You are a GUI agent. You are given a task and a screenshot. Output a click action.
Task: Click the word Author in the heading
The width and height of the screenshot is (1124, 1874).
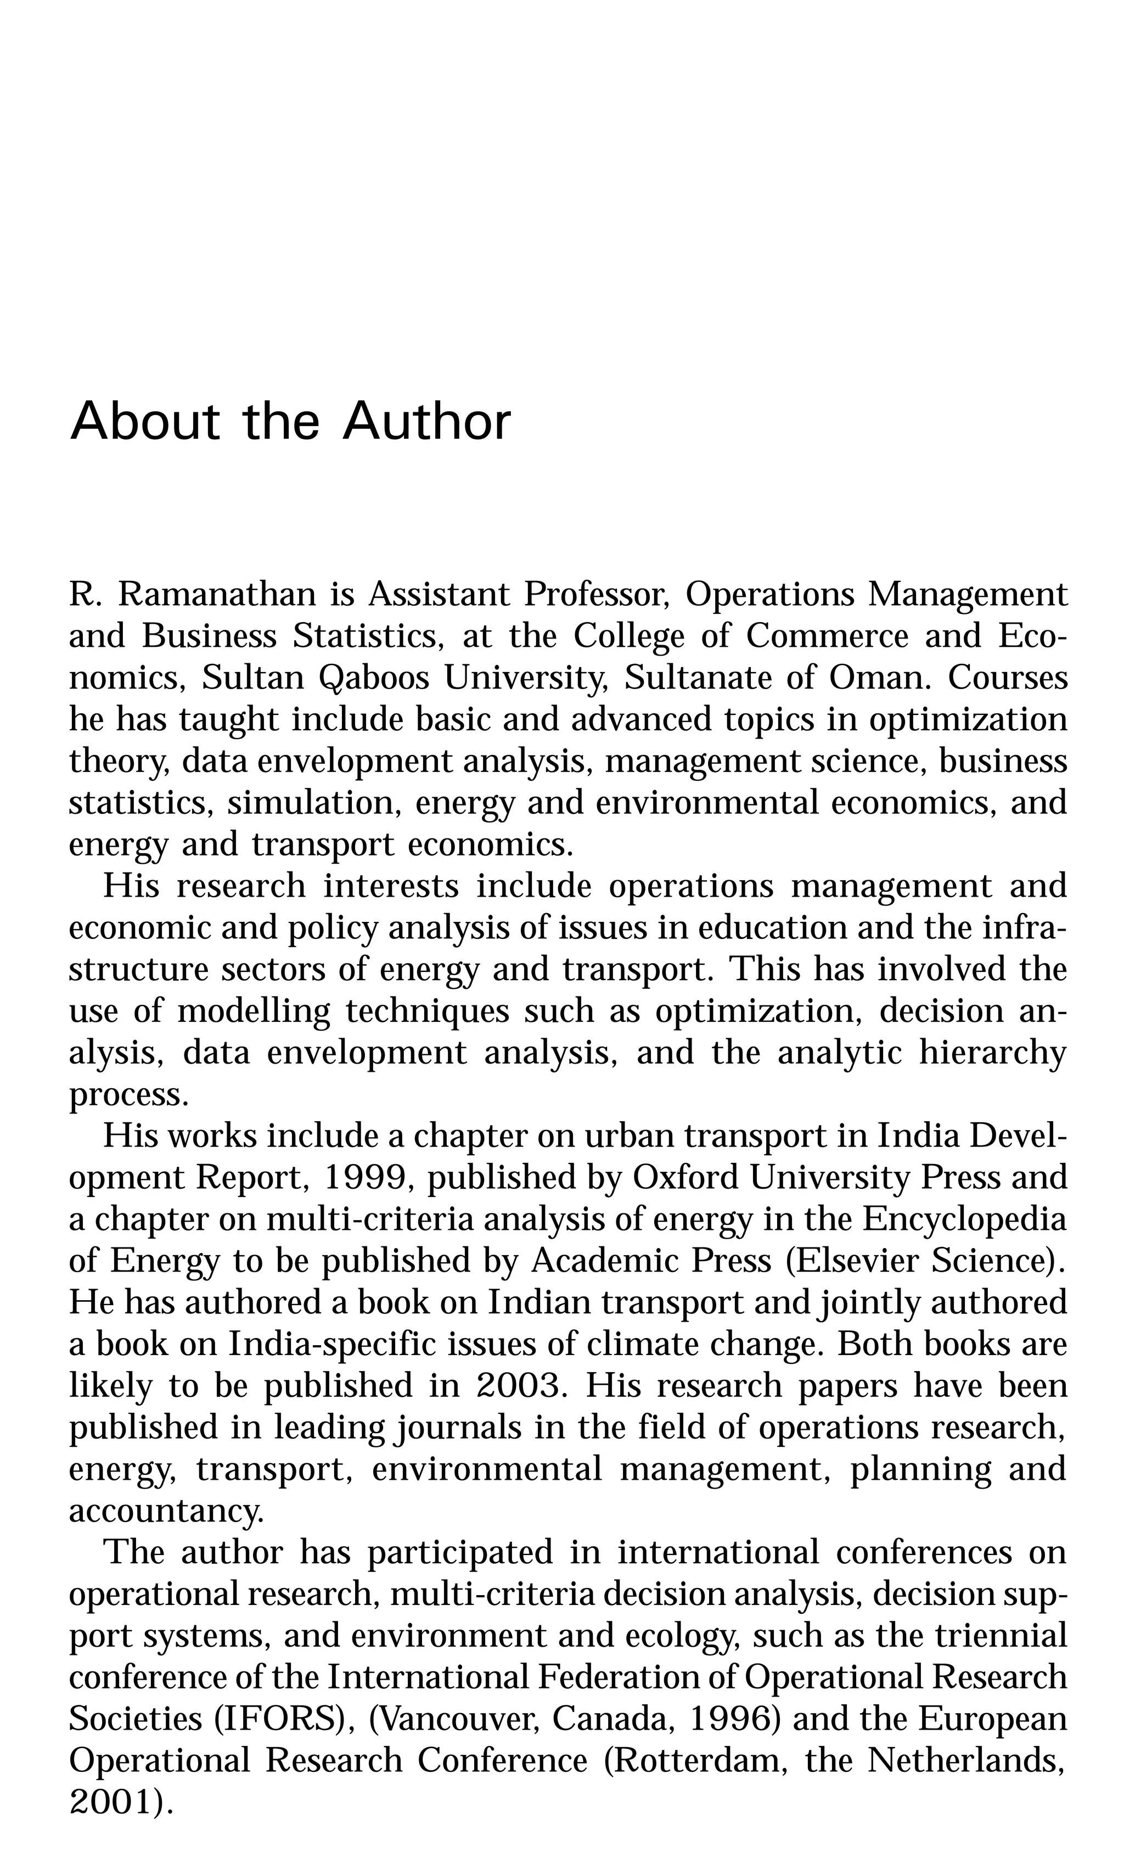pos(426,421)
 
